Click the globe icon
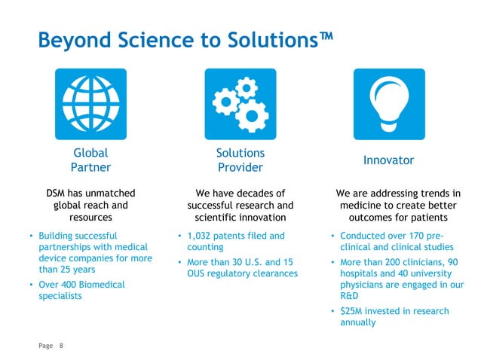pyautogui.click(x=90, y=104)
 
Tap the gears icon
pyautogui.click(x=240, y=104)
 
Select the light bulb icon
pyautogui.click(x=389, y=104)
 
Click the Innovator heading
pyautogui.click(x=389, y=160)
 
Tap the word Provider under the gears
pyautogui.click(x=240, y=167)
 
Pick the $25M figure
pyautogui.click(x=352, y=311)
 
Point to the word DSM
pyautogui.click(x=58, y=193)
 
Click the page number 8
pyautogui.click(x=62, y=345)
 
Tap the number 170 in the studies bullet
pyautogui.click(x=425, y=235)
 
